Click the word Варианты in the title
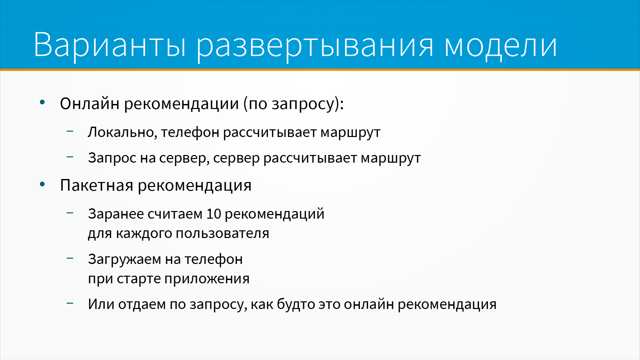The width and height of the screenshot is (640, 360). click(110, 45)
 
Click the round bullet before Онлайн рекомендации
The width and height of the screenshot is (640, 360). click(42, 102)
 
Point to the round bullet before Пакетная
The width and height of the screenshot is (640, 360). click(42, 184)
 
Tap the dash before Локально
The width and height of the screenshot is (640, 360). click(70, 131)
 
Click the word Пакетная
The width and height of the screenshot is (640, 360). click(97, 185)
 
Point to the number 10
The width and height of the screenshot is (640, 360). click(214, 214)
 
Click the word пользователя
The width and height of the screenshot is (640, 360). click(222, 233)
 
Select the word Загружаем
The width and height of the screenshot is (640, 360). click(125, 260)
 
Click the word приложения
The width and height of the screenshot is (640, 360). click(207, 279)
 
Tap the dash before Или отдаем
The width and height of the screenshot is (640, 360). click(70, 303)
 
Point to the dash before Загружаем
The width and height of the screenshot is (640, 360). click(70, 258)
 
